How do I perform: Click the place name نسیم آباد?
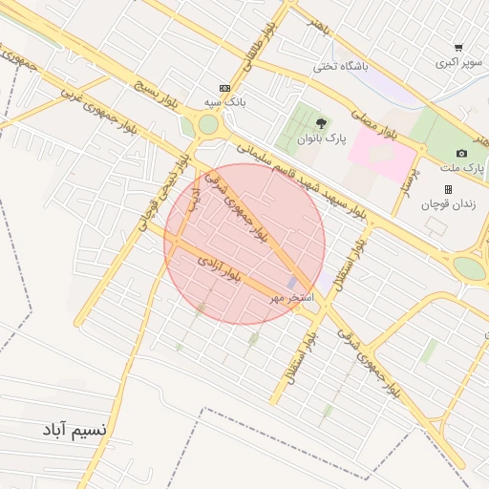[74, 430]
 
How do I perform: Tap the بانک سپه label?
[225, 101]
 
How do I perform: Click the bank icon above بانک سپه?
[224, 86]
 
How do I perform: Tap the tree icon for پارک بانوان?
[321, 122]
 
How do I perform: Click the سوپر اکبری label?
[459, 63]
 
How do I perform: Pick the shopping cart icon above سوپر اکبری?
[458, 48]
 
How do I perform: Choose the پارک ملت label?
[461, 167]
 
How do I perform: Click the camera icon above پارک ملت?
[461, 153]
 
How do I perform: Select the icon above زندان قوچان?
[448, 189]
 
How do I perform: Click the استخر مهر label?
[290, 299]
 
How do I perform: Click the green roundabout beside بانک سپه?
[208, 124]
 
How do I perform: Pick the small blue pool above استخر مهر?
[291, 283]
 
